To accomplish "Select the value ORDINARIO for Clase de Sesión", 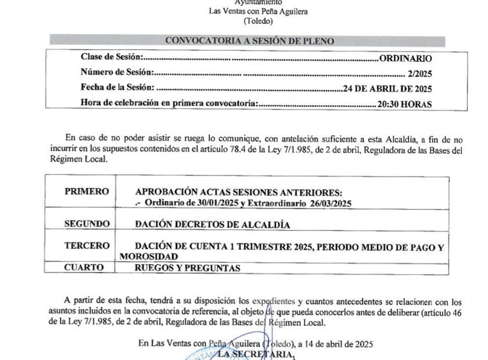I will (405, 59).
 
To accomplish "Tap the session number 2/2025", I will (421, 74).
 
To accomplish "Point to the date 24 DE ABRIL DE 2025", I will (387, 89).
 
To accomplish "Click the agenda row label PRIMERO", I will (87, 191).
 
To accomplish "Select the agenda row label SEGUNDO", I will (87, 223).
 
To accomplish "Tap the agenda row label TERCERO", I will (87, 247).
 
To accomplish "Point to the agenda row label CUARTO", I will (84, 268).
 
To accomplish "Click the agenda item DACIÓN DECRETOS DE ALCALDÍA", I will (212, 223).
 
